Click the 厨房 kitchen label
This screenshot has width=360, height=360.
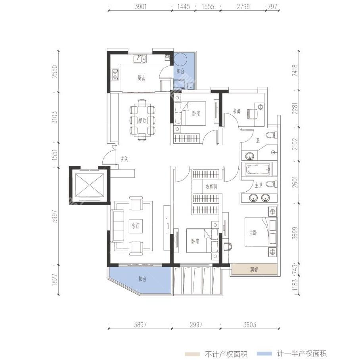(142, 78)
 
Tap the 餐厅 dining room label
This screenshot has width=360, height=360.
(142, 120)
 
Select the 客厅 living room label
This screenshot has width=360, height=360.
(136, 226)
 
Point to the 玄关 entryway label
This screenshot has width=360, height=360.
(124, 159)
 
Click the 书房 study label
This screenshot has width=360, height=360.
(237, 112)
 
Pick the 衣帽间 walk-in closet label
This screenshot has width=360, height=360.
(211, 187)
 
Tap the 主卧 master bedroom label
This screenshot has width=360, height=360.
(253, 233)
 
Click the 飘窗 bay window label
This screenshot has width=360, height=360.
(254, 269)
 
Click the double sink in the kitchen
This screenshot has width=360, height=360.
(140, 59)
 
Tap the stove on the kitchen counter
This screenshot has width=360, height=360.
(115, 75)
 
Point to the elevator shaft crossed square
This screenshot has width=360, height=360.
(90, 185)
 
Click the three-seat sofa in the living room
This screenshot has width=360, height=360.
(117, 225)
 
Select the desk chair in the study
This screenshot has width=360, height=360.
(253, 114)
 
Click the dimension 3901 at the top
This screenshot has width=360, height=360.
(140, 6)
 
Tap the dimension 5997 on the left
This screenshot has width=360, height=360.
(55, 216)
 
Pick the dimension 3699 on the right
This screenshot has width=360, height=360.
(295, 233)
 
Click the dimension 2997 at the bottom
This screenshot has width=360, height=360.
(196, 325)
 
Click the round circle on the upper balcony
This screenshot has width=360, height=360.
(180, 59)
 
